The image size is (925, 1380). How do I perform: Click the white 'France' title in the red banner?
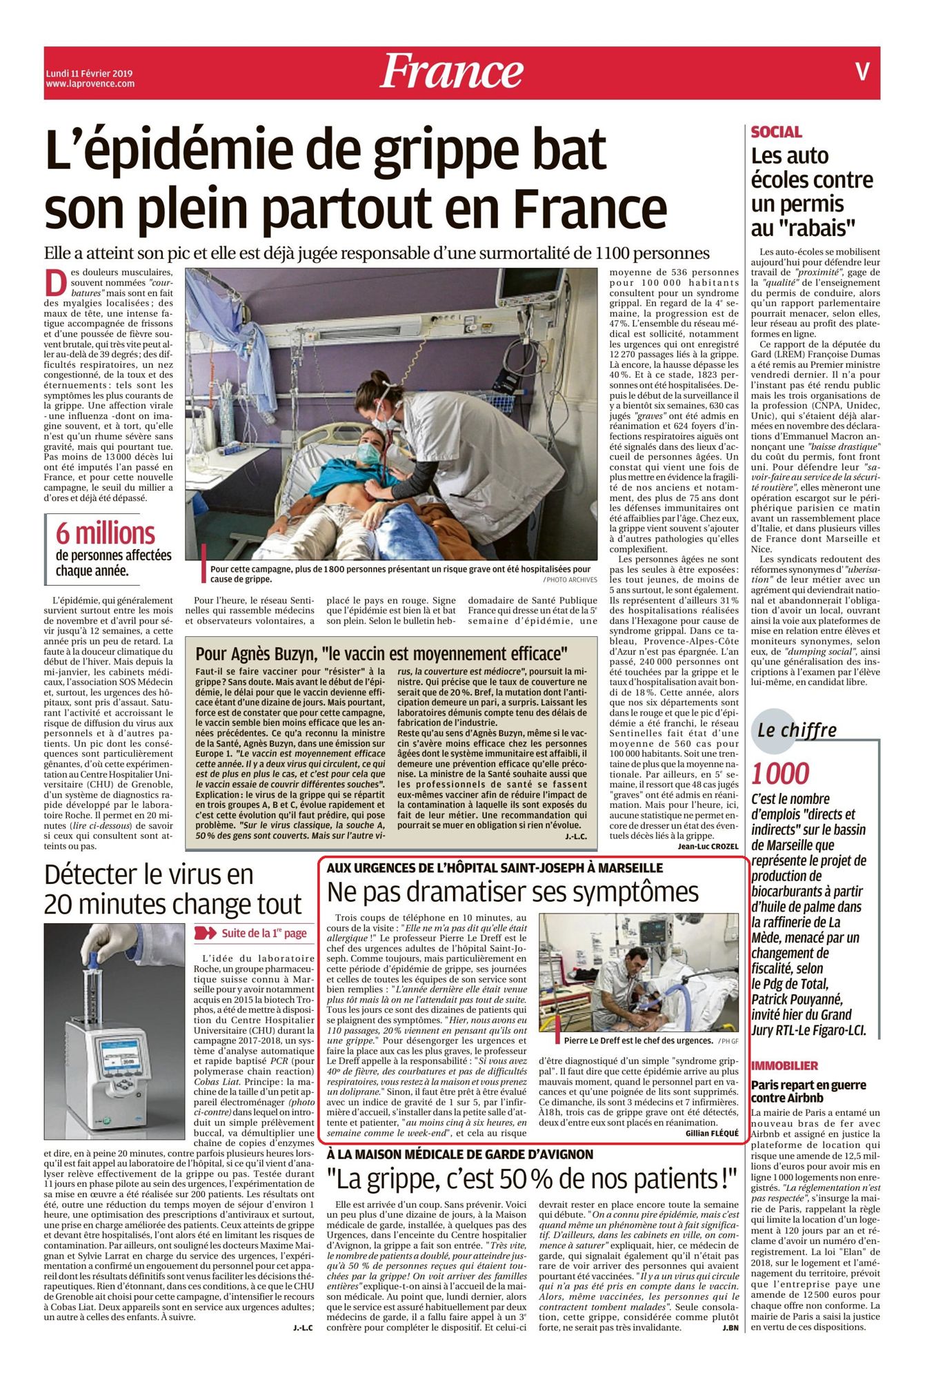click(x=451, y=72)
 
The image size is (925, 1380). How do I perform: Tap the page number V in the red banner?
click(x=862, y=72)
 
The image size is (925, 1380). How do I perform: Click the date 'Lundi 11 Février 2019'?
click(x=89, y=74)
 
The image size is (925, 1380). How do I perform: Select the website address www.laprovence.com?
click(x=90, y=84)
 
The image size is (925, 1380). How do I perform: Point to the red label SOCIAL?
click(x=776, y=132)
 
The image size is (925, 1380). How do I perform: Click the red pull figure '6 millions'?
click(x=106, y=533)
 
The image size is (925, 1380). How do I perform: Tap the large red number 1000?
click(x=780, y=774)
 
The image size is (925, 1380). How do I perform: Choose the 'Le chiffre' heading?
click(x=797, y=730)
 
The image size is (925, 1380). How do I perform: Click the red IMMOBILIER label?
click(x=784, y=1066)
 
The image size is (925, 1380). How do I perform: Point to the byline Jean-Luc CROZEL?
click(x=708, y=846)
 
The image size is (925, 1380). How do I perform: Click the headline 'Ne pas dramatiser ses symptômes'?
click(x=513, y=892)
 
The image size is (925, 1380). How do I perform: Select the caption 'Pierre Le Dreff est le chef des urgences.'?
click(x=637, y=1040)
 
